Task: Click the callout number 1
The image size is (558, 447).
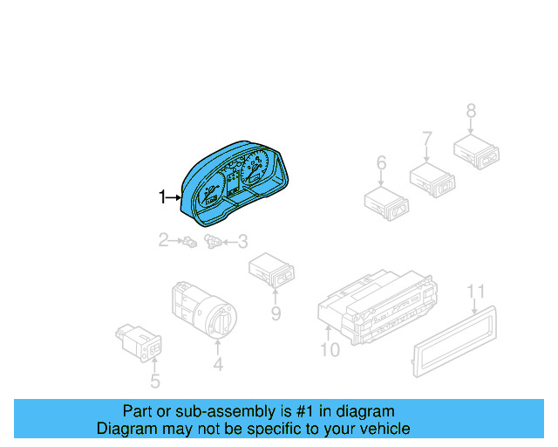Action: [161, 198]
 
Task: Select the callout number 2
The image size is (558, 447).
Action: [163, 239]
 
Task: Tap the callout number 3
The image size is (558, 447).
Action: [242, 241]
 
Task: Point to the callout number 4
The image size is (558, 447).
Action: [218, 365]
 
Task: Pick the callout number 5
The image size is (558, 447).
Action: [154, 381]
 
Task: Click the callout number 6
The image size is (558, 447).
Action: [381, 163]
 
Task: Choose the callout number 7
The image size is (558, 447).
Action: [427, 138]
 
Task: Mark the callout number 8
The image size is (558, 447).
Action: [471, 111]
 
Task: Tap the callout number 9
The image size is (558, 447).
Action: [275, 312]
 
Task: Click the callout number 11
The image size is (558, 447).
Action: [474, 291]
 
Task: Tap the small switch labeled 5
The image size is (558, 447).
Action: [139, 342]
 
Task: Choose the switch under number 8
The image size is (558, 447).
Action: [476, 150]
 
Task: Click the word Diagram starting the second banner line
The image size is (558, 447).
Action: [126, 429]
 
